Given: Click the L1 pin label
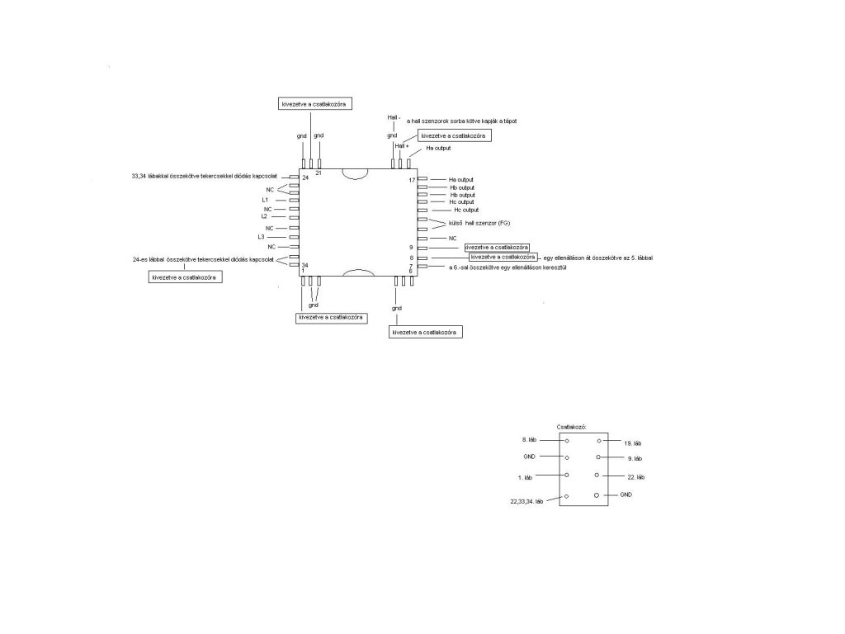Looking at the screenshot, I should click(265, 200).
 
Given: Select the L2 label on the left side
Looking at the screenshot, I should click(264, 216).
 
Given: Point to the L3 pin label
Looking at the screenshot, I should click(261, 237).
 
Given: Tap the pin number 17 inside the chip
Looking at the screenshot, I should click(412, 180).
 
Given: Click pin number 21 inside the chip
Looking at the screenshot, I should click(319, 173).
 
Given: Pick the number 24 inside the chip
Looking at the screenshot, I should click(305, 178).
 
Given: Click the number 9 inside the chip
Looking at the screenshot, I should click(410, 248).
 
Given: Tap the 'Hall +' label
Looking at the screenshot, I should click(402, 145).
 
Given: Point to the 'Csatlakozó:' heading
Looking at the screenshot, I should click(571, 426).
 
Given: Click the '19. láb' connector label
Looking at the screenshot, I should click(633, 443).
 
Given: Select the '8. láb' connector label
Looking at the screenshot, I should click(530, 440).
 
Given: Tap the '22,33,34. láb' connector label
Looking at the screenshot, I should click(526, 501).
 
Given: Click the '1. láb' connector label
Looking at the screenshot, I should click(530, 477).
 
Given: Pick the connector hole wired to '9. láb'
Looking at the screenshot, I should click(597, 457).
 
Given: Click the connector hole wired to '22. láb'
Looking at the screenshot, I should click(596, 475).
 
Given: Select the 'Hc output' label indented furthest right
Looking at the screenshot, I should click(467, 210).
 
